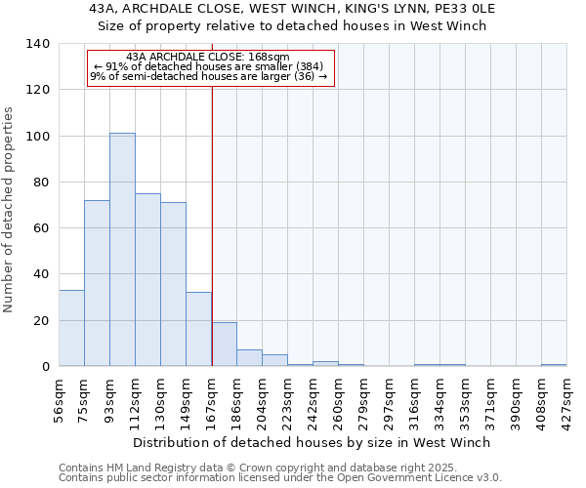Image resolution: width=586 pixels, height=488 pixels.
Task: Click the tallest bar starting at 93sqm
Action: point(122,250)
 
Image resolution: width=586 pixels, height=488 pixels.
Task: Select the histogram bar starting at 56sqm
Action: point(71,328)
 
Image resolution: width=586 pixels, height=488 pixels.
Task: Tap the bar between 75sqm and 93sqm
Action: point(97,283)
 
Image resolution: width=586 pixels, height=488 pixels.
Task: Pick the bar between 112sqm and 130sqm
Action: point(147,280)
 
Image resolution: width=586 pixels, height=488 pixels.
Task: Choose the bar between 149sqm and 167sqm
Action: point(198,329)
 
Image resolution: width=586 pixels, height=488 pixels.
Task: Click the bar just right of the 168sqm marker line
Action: point(225,345)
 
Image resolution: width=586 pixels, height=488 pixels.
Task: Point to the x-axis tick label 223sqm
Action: point(288,398)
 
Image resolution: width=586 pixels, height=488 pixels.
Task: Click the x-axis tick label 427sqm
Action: point(567,398)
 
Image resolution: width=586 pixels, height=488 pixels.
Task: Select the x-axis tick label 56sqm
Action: point(60,398)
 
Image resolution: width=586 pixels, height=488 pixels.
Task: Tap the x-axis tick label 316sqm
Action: point(415,398)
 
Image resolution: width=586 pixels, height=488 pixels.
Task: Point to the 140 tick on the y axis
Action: point(38,44)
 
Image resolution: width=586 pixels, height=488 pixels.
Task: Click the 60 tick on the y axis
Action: point(42,228)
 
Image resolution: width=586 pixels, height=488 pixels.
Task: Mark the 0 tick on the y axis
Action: point(46,367)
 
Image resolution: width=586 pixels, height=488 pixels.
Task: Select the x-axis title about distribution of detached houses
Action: point(312,442)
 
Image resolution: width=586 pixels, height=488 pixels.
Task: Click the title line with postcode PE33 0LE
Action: point(292,9)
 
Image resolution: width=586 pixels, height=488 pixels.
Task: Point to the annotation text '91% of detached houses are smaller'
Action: point(207,66)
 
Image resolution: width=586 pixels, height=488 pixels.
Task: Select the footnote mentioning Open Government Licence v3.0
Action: point(280,478)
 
